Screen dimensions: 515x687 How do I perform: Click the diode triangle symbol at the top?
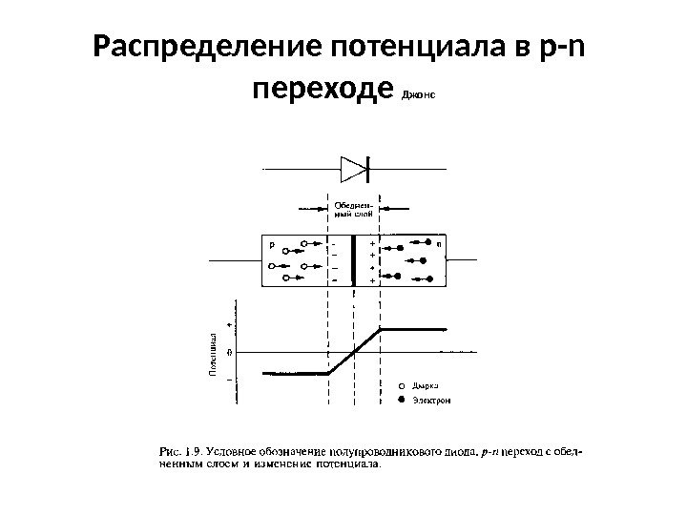pyautogui.click(x=353, y=169)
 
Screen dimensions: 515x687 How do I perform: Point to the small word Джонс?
pyautogui.click(x=419, y=95)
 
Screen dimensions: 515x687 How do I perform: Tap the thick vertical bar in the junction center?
pyautogui.click(x=354, y=259)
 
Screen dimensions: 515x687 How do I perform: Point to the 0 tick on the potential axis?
pyautogui.click(x=229, y=351)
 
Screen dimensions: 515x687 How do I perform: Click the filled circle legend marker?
pyautogui.click(x=402, y=401)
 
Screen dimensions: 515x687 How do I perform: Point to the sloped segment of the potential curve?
pyautogui.click(x=354, y=351)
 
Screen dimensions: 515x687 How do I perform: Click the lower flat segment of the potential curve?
pyautogui.click(x=286, y=374)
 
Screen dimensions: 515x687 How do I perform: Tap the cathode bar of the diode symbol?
pyautogui.click(x=369, y=169)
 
